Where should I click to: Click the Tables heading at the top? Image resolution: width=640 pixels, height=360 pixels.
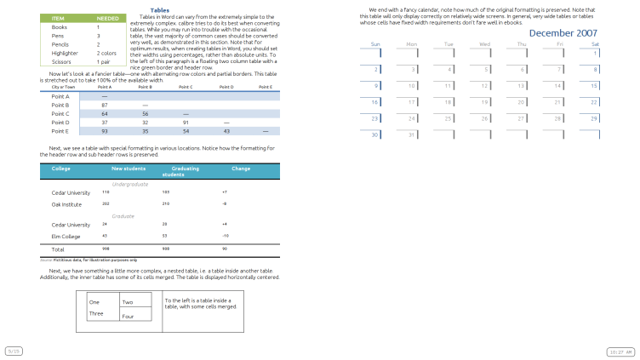click(x=159, y=10)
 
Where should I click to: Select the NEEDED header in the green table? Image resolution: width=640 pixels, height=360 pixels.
click(x=107, y=18)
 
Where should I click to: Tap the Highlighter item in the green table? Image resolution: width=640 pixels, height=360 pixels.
click(x=65, y=53)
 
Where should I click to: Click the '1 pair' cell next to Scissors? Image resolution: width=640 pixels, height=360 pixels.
click(x=104, y=62)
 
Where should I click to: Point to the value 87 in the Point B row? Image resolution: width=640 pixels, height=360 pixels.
click(x=103, y=105)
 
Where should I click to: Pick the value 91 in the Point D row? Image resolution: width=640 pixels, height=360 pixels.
click(x=186, y=123)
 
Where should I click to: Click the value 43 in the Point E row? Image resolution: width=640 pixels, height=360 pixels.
click(x=226, y=131)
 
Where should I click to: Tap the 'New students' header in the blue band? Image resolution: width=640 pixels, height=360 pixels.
click(x=129, y=169)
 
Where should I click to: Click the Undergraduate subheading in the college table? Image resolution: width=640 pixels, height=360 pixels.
click(x=130, y=184)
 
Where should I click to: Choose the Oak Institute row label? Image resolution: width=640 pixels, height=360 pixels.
click(x=66, y=204)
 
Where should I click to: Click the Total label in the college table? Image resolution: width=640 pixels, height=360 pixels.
click(x=58, y=249)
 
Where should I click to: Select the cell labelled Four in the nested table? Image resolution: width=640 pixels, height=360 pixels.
click(x=128, y=317)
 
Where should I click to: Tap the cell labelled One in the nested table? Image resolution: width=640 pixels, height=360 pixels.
click(x=94, y=302)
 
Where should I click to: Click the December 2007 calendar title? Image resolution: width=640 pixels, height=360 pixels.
click(x=563, y=32)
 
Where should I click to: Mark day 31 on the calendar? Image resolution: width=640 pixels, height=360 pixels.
click(x=412, y=134)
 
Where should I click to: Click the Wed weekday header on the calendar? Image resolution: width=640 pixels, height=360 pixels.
click(x=484, y=43)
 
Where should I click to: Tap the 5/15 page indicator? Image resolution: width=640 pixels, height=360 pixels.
click(x=14, y=351)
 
